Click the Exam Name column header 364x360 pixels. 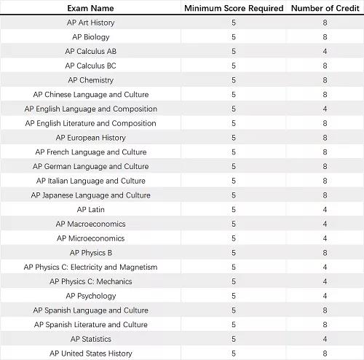(90, 8)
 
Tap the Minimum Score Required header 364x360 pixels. (234, 8)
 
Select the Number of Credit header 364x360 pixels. (325, 8)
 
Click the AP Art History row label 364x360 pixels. (90, 23)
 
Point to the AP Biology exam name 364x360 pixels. (90, 37)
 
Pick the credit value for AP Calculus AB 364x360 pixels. (325, 52)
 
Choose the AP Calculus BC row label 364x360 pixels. (90, 66)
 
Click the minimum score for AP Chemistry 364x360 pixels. (234, 80)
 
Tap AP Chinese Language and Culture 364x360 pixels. (90, 95)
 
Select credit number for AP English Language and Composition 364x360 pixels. (325, 109)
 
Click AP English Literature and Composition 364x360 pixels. (90, 123)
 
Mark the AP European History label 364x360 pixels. (90, 138)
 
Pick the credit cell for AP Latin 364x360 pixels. (325, 210)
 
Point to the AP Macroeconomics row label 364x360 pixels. (90, 224)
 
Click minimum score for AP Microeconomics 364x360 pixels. (234, 238)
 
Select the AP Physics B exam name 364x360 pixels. (90, 253)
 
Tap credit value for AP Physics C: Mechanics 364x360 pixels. (325, 281)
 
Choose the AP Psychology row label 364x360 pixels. (90, 296)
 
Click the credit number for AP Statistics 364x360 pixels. (325, 339)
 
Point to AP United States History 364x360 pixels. (90, 353)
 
